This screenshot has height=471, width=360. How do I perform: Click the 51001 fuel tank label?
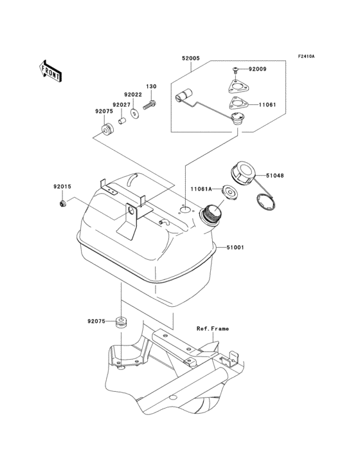[x=235, y=247]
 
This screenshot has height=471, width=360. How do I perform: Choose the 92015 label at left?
[x=62, y=187]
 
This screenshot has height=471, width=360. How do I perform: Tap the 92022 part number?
[x=134, y=95]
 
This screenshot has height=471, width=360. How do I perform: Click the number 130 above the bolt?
[x=151, y=86]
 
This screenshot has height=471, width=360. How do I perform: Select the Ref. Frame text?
[x=212, y=328]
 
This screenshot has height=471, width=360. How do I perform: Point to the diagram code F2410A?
[x=305, y=57]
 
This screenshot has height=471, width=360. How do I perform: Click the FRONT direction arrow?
[x=51, y=69]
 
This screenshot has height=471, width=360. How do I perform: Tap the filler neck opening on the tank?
[x=213, y=212]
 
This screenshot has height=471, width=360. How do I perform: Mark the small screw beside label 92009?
[x=236, y=69]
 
